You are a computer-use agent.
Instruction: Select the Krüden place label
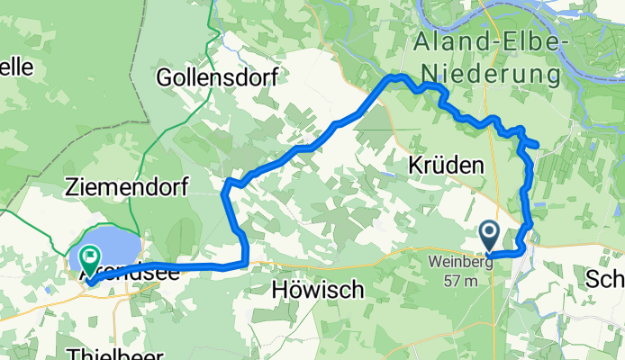[447, 166]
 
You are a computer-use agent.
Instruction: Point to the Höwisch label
[318, 290]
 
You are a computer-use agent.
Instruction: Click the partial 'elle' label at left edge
[16, 67]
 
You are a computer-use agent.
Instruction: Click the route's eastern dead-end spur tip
[537, 145]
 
